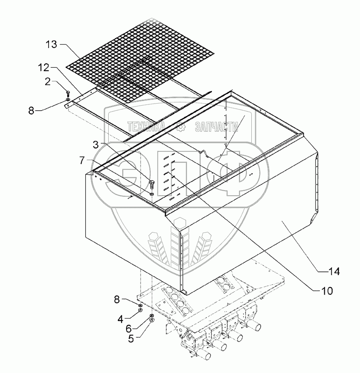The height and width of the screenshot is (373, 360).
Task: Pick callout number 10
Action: coord(326,291)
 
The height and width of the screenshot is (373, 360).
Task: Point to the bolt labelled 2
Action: coord(68,93)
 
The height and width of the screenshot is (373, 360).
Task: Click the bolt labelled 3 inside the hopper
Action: coord(152,184)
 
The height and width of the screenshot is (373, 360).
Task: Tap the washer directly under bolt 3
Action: coord(152,194)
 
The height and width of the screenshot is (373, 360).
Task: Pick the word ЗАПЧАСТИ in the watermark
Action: coord(215,126)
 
